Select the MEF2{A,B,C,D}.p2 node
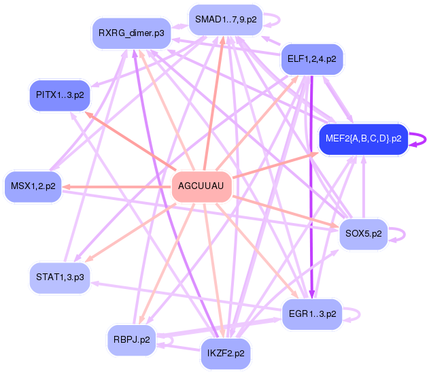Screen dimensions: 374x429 (x=363, y=139)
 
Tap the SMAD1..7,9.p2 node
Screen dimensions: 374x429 (x=225, y=19)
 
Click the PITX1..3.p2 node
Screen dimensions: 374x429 (x=60, y=95)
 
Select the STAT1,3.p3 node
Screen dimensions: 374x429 (x=60, y=277)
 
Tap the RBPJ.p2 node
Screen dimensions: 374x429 (x=131, y=339)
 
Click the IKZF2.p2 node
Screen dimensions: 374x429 (x=226, y=354)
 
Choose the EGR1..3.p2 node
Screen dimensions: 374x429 (x=312, y=314)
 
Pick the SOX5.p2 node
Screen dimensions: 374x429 (x=363, y=234)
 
